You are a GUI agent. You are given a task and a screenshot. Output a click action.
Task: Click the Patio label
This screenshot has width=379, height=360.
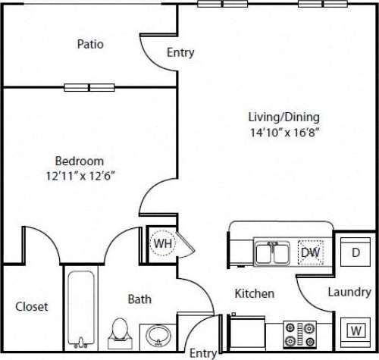(x=90, y=44)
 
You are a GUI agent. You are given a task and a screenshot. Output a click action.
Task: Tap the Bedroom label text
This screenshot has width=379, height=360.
(x=79, y=161)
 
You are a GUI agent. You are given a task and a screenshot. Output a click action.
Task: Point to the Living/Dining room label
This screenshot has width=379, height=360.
(x=283, y=117)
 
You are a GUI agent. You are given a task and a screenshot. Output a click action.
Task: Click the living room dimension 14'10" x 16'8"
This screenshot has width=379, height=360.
(x=283, y=132)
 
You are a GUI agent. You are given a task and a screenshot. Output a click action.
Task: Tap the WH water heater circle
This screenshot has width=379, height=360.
(x=162, y=245)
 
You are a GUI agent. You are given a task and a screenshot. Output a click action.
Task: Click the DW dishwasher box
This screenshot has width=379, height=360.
(x=310, y=251)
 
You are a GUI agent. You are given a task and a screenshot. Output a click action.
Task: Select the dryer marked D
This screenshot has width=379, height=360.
(x=354, y=252)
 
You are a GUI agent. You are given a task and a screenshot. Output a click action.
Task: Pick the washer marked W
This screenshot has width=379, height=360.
(x=354, y=330)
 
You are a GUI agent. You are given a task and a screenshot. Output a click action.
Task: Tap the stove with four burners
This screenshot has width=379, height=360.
(x=299, y=330)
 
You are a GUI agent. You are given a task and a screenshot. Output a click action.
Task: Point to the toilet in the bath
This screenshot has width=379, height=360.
(x=119, y=330)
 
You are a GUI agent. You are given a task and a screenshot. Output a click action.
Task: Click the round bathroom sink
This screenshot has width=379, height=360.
(x=158, y=333)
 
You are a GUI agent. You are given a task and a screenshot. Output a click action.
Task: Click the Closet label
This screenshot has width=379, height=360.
(x=32, y=307)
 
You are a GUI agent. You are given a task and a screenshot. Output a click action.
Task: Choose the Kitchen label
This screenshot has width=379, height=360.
(x=254, y=293)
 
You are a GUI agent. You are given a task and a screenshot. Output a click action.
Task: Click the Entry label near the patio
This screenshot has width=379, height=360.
(x=180, y=53)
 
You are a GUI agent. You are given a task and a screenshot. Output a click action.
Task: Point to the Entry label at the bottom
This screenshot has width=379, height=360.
(x=202, y=352)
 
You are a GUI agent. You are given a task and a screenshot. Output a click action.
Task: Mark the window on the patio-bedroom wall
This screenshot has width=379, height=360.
(x=89, y=86)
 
